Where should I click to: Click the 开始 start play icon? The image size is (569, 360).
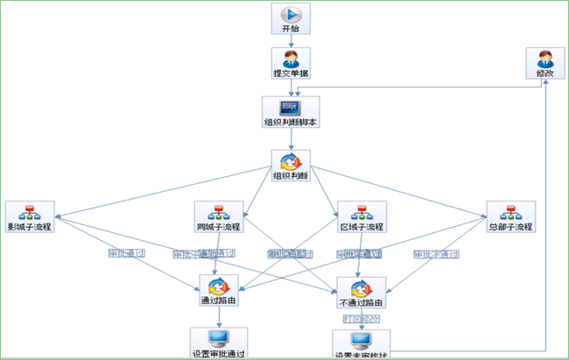tap(291, 14)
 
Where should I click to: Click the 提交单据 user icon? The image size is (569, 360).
tap(291, 60)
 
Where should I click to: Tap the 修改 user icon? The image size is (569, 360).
tap(544, 60)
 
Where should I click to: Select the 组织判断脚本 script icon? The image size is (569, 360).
tap(291, 108)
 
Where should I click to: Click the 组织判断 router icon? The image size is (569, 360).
tap(291, 160)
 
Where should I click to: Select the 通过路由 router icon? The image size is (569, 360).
tap(218, 286)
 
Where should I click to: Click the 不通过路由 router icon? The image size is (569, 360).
tap(362, 286)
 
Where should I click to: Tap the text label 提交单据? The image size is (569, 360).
tap(291, 74)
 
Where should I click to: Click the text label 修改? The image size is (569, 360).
tap(544, 74)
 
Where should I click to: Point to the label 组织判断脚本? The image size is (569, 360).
tap(291, 123)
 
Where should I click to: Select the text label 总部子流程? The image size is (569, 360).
tap(510, 228)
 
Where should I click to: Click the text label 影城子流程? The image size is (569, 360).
tap(30, 228)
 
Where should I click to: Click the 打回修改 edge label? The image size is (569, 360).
tap(361, 320)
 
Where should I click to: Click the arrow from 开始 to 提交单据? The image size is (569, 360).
tap(291, 40)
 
